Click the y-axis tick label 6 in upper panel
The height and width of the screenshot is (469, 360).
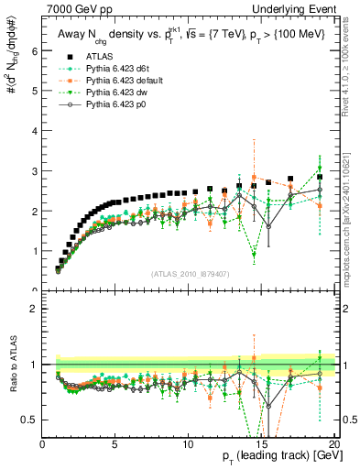(x=34, y=51)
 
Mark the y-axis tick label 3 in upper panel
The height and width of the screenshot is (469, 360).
(x=34, y=171)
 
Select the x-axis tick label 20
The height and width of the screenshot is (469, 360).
(x=335, y=442)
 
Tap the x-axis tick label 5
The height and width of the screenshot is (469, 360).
(x=115, y=442)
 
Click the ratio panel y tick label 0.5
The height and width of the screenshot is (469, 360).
(x=30, y=420)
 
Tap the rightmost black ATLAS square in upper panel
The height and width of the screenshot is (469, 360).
(x=320, y=177)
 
